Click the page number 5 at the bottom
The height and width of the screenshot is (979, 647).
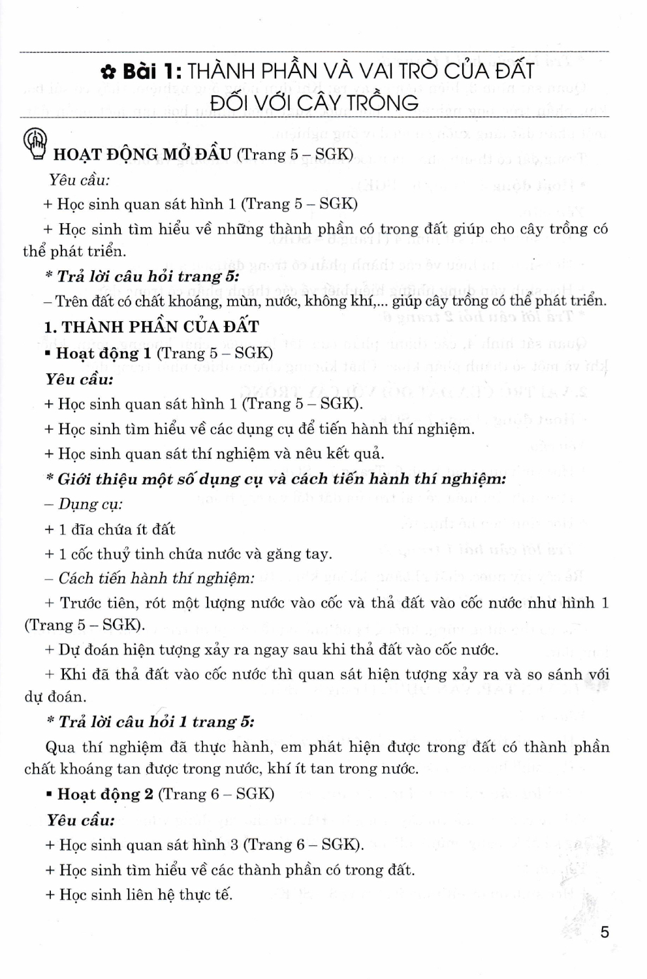pyautogui.click(x=605, y=931)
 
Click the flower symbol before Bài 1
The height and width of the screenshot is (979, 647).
pyautogui.click(x=108, y=72)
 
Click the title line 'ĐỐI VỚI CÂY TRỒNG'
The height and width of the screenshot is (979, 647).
pyautogui.click(x=315, y=102)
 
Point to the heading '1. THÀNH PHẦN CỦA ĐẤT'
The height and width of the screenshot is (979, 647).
pyautogui.click(x=151, y=327)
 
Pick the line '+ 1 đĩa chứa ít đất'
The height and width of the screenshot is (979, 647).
pyautogui.click(x=110, y=529)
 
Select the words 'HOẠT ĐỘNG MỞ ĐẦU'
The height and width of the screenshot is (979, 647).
pyautogui.click(x=142, y=155)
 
